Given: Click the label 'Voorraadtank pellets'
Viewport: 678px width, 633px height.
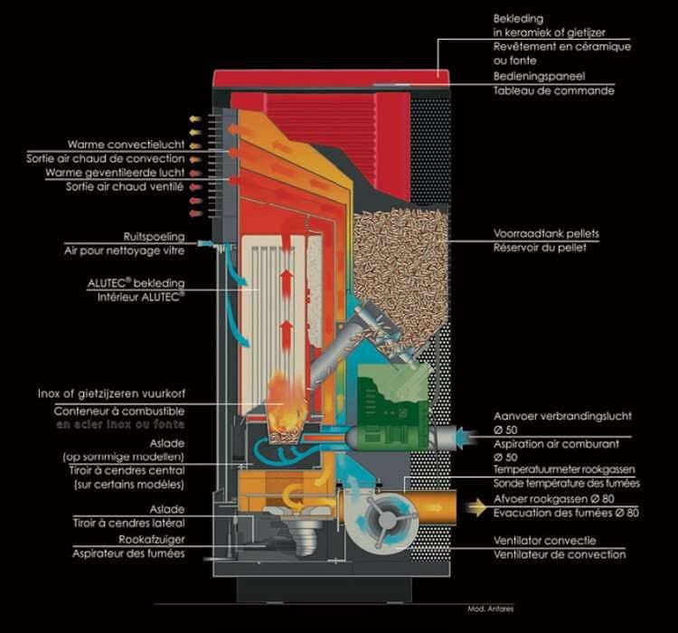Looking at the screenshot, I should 546,233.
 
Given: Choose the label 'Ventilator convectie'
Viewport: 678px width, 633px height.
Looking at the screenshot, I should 547,541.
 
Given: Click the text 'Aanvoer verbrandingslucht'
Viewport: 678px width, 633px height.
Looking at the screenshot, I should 562,416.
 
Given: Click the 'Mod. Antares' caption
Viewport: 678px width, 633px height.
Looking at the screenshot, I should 490,608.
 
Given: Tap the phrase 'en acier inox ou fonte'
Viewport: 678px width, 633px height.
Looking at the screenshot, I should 120,424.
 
